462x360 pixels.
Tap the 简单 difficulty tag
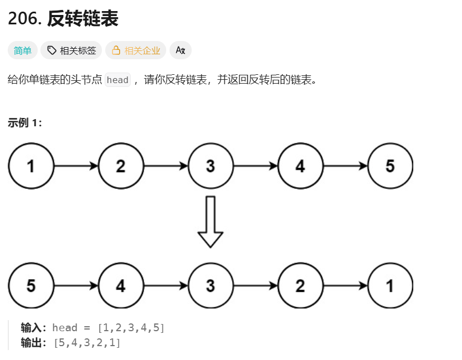tap(23, 50)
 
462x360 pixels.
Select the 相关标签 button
tap(71, 50)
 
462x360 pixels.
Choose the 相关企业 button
tap(136, 50)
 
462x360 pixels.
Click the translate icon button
tap(180, 50)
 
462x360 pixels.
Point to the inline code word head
tap(117, 80)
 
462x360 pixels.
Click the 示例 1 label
tap(25, 123)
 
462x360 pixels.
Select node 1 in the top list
tap(31, 166)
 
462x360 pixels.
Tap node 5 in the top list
tap(390, 166)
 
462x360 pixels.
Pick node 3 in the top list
tap(211, 166)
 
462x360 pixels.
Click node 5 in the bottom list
tap(31, 286)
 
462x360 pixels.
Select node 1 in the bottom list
tap(390, 286)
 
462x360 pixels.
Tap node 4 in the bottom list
tap(121, 286)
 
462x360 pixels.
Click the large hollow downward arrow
tap(211, 222)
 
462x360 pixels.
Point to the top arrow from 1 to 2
tap(76, 166)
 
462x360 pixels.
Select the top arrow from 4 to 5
tap(345, 166)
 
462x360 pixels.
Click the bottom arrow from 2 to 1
tap(345, 286)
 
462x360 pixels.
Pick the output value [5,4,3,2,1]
tap(87, 343)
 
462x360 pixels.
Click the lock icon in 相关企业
tap(116, 50)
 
